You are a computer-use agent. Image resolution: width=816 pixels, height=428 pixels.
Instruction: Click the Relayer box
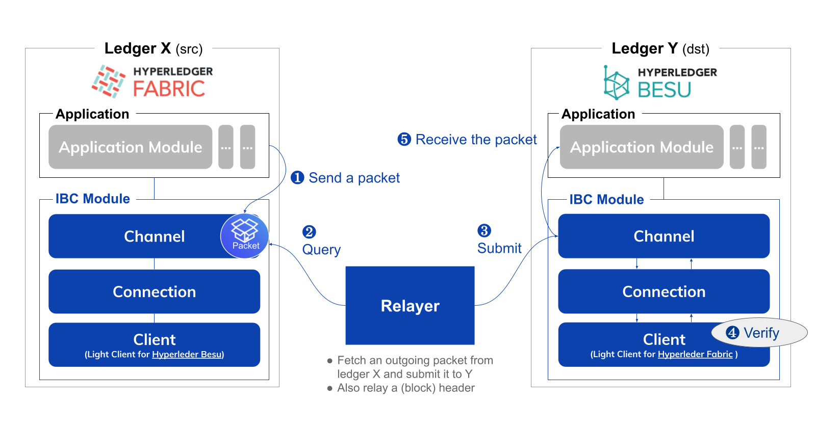pyautogui.click(x=410, y=305)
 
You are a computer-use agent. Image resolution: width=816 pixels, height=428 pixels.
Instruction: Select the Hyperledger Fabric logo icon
pyautogui.click(x=109, y=82)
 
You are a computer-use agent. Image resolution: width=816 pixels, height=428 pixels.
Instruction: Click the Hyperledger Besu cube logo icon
pyautogui.click(x=616, y=83)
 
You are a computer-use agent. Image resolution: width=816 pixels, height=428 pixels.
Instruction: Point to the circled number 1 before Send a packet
pyautogui.click(x=297, y=177)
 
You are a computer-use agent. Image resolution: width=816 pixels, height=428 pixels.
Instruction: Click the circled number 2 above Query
pyautogui.click(x=309, y=232)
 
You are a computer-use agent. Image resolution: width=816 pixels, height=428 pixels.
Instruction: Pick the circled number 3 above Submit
pyautogui.click(x=484, y=230)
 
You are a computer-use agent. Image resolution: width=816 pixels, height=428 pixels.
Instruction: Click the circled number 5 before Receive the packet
pyautogui.click(x=404, y=139)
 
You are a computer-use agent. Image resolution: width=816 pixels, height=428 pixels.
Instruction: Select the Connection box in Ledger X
pyautogui.click(x=154, y=291)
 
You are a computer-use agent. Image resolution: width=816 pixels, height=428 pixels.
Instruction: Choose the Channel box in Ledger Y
pyautogui.click(x=664, y=236)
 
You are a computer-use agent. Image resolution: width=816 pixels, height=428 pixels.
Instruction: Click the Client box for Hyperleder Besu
pyautogui.click(x=154, y=344)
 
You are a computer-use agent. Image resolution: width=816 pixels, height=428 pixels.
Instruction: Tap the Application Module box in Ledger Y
pyautogui.click(x=641, y=147)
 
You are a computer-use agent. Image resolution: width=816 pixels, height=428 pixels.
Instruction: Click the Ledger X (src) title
pyautogui.click(x=153, y=48)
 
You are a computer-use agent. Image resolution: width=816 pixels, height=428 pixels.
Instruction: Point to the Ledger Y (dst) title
pyautogui.click(x=660, y=48)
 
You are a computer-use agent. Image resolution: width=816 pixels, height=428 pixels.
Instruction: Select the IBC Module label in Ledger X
pyautogui.click(x=92, y=199)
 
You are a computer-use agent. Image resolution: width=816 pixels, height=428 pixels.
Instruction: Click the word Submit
pyautogui.click(x=499, y=248)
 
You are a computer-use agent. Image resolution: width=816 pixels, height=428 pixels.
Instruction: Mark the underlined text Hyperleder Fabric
pyautogui.click(x=695, y=354)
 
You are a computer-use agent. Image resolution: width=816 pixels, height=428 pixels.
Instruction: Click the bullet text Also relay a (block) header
pyautogui.click(x=405, y=388)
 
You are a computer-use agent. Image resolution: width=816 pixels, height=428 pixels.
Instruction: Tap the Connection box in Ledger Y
pyautogui.click(x=664, y=291)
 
